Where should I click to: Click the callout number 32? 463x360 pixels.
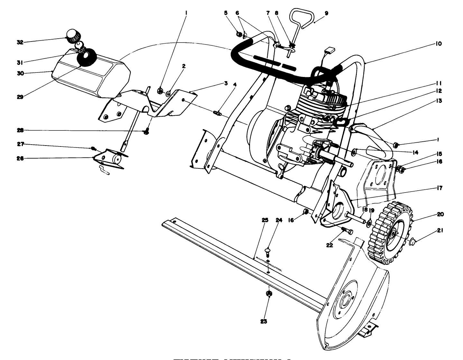[x=20, y=42]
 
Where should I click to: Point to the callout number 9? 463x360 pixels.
[x=326, y=13]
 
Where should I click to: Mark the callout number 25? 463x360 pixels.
[x=265, y=220]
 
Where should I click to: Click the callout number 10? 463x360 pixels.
[x=439, y=43]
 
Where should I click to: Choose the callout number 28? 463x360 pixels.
[x=20, y=130]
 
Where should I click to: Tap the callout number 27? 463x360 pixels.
[x=20, y=145]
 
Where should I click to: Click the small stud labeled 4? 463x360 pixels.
[x=217, y=112]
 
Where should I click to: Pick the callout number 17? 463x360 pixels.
[x=439, y=188]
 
